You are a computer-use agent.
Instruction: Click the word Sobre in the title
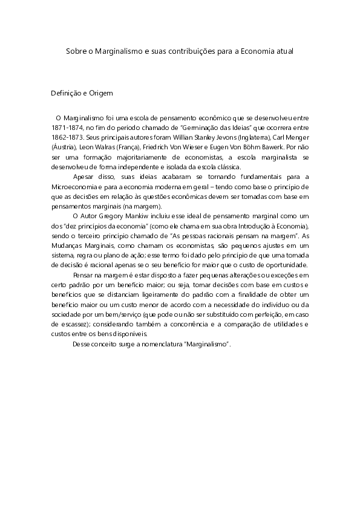coord(76,52)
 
